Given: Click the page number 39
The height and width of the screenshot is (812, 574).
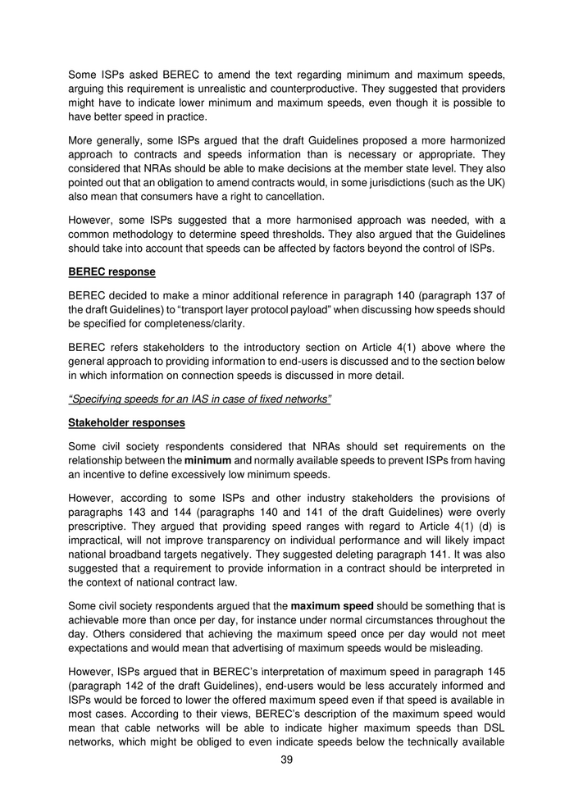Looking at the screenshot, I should pos(287,760).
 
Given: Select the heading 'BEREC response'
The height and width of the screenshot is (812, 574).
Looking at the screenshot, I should pos(112,271).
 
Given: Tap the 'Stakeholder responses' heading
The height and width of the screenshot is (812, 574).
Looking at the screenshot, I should pos(126,423).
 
